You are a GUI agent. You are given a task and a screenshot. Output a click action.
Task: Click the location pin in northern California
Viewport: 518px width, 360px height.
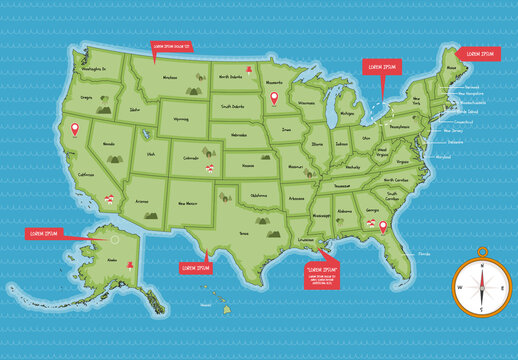(x=71, y=130)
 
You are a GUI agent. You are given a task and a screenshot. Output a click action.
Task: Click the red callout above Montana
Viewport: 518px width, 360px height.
(x=170, y=46)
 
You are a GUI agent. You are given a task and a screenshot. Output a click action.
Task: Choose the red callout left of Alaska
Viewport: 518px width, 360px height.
(x=43, y=233)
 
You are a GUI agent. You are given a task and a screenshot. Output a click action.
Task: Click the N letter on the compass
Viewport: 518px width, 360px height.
(x=481, y=266)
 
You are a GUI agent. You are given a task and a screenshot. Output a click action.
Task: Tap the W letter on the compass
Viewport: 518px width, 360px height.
(x=460, y=287)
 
